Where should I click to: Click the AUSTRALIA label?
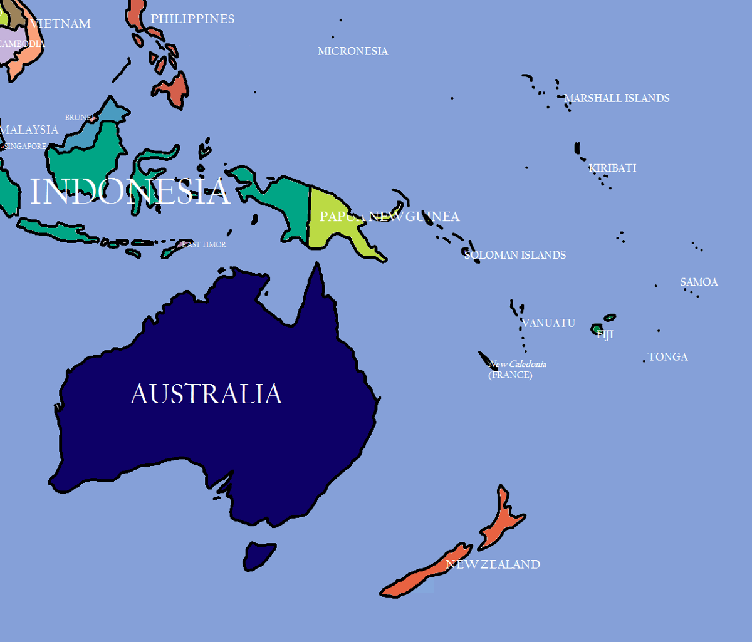206,395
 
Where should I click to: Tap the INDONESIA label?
130,192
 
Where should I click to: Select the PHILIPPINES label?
192,19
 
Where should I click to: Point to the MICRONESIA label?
353,51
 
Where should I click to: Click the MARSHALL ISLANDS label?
617,98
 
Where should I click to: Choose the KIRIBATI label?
612,168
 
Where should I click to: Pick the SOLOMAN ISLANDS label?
515,255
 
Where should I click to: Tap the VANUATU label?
548,323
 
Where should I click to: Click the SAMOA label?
699,282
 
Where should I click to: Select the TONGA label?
668,357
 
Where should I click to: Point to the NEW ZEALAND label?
493,564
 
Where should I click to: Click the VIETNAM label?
61,24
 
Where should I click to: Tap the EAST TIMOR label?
204,245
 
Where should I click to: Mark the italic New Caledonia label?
518,364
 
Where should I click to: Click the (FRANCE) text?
510,375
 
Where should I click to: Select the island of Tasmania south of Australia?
258,555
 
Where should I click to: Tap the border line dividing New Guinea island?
309,213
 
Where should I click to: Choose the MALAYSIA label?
29,130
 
